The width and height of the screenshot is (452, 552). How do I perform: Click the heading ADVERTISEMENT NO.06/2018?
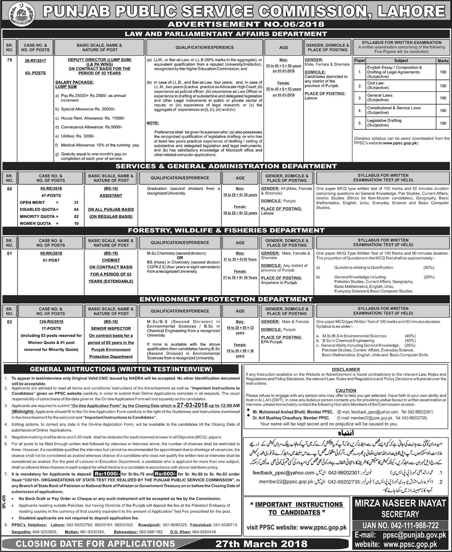226,25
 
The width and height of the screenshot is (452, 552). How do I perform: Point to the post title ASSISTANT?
111,196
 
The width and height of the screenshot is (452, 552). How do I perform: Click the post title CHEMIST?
111,260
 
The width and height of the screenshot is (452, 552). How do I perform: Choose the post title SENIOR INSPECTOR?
111,328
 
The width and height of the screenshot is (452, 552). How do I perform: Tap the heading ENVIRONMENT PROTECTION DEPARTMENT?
226,300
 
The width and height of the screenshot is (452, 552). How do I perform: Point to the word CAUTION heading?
346,391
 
